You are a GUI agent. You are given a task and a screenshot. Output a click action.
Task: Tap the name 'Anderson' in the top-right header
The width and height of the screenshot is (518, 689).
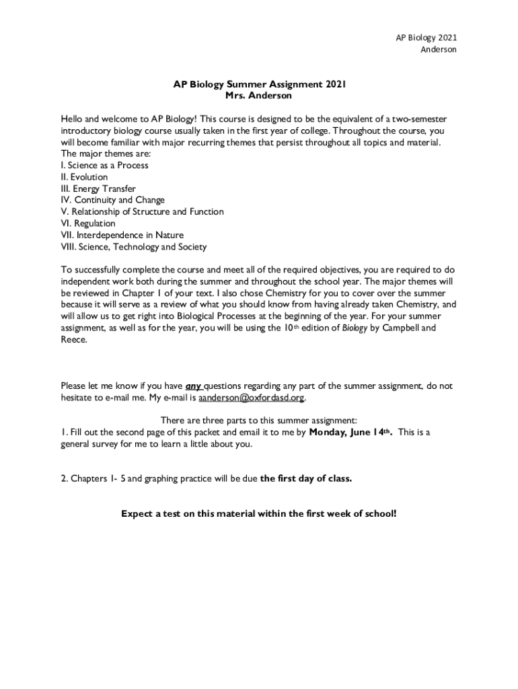tap(439, 49)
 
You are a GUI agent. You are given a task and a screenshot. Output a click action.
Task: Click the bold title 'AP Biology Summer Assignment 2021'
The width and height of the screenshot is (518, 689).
tap(259, 85)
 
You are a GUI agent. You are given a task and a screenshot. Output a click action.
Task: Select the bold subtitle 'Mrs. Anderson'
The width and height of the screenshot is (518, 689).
tap(259, 96)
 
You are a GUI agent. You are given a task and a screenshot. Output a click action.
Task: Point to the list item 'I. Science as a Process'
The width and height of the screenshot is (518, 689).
tap(104, 166)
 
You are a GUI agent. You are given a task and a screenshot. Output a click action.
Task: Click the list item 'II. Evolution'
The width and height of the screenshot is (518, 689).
tap(84, 177)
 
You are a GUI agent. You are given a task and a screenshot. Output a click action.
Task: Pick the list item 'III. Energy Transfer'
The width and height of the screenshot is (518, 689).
tap(98, 189)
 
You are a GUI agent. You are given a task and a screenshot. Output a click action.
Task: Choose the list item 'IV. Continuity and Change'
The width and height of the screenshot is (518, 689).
tap(112, 201)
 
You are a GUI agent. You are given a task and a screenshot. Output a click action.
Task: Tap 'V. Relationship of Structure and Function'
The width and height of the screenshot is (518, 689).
tap(142, 212)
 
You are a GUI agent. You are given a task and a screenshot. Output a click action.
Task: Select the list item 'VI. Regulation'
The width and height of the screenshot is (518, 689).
tap(88, 223)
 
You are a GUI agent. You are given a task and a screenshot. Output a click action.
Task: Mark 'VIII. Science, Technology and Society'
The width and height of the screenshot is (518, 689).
tap(133, 247)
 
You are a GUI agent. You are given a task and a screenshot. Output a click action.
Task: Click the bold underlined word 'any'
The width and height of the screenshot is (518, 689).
tap(193, 386)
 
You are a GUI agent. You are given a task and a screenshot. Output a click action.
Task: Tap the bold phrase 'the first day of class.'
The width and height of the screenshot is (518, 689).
tap(306, 479)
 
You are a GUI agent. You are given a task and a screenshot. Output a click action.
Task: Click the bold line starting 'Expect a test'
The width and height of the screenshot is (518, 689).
tap(259, 514)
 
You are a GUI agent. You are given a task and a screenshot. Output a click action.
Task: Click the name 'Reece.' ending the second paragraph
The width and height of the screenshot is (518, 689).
tap(74, 340)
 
